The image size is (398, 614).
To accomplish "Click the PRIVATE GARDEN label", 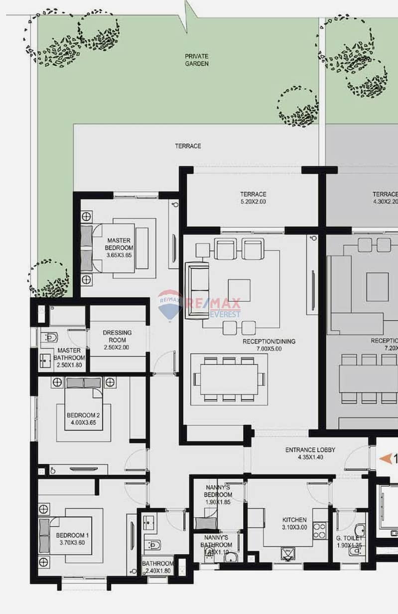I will [x=196, y=60].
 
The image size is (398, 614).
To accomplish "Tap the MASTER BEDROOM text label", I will [x=120, y=244].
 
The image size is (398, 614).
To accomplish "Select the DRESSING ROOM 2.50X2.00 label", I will [x=117, y=340].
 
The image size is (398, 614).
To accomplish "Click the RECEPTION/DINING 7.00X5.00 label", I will [x=268, y=345].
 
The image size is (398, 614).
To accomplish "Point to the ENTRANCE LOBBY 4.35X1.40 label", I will [x=310, y=453].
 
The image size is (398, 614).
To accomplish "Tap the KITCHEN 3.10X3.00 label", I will [x=293, y=523].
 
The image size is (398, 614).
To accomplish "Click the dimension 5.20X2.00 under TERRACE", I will [x=253, y=202].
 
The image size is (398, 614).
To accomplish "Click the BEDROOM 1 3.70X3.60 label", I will [x=72, y=539].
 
